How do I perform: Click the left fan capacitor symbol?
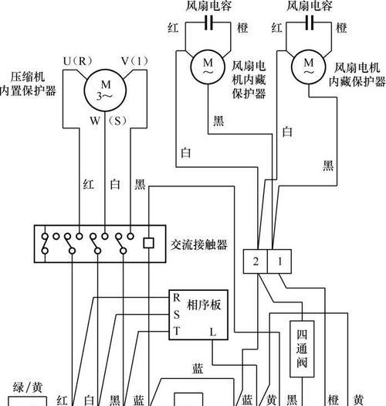coord(208,22)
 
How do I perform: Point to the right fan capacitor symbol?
coord(310,22)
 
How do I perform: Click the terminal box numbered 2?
coord(256,261)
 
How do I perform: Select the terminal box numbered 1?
coord(279,261)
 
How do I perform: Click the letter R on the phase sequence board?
coord(176,298)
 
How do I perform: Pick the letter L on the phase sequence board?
coord(213,332)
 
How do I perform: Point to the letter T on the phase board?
coord(177,331)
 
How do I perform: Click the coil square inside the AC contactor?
coord(149,243)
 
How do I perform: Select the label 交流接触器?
coord(199,244)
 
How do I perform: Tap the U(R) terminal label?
coord(77,61)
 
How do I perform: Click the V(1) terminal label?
coord(134,61)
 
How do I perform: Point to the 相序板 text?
coord(204,305)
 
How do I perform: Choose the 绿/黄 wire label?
coord(27,387)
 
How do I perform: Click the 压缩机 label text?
coord(28,77)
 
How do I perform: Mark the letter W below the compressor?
coord(95,121)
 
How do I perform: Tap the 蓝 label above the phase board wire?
coord(198,368)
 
